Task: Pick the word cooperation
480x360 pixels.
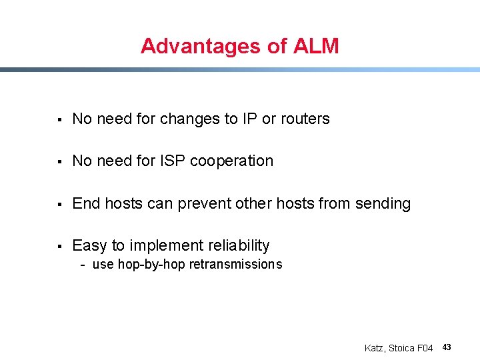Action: point(232,161)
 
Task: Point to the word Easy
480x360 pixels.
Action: point(89,245)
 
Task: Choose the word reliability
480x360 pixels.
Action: point(237,245)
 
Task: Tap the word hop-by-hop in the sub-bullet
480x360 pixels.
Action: point(152,265)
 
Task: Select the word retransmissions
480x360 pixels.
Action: point(236,265)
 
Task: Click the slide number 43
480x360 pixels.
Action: point(447,347)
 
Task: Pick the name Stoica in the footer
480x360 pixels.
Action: point(402,348)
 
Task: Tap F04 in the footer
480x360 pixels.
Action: point(425,348)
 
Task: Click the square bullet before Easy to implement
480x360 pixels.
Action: point(59,246)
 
